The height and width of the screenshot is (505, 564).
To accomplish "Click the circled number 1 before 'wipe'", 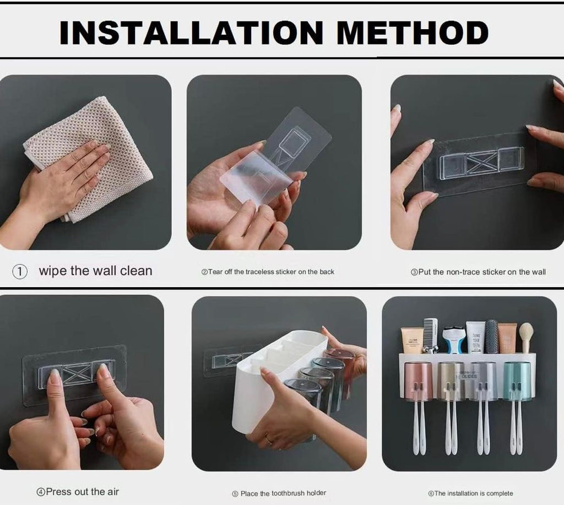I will click(20, 272).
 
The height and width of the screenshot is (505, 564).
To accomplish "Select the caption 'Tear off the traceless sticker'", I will click(268, 272).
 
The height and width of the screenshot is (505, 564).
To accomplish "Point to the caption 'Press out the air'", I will click(78, 491).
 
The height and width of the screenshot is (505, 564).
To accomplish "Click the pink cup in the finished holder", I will click(418, 380).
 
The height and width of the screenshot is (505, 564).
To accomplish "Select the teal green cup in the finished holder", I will click(517, 380).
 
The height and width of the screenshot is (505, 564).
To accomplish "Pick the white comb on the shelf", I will click(430, 333).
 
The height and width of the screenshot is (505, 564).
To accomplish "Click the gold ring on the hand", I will click(268, 439).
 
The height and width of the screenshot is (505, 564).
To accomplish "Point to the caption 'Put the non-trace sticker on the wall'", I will click(478, 272).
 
